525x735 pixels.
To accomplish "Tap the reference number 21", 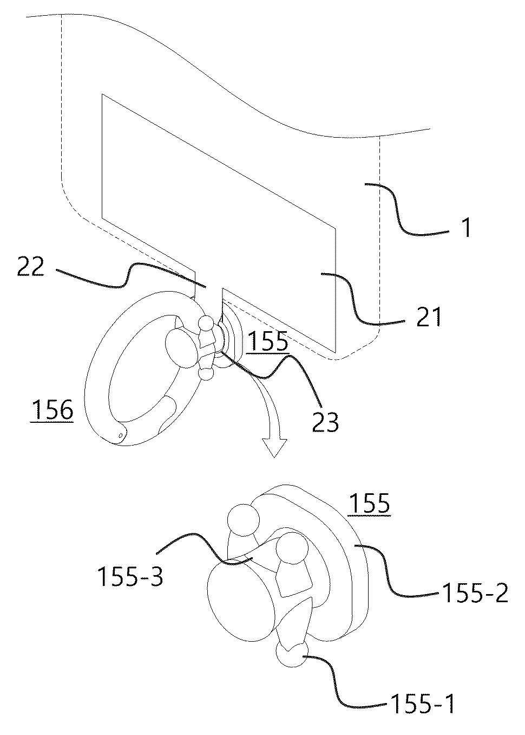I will pyautogui.click(x=428, y=317).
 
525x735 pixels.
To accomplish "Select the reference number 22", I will pyautogui.click(x=30, y=267).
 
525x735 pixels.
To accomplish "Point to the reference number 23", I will pyautogui.click(x=325, y=421).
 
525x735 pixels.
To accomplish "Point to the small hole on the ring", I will pyautogui.click(x=121, y=434).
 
